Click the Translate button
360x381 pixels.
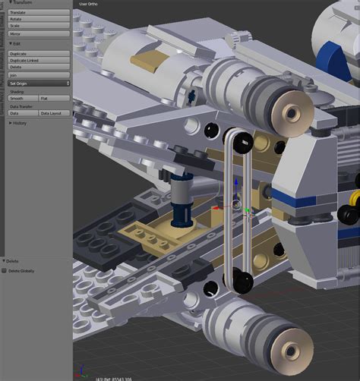tap(38, 13)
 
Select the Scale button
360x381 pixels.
tap(38, 27)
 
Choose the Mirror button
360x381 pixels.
tap(38, 34)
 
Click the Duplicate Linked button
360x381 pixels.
tap(38, 61)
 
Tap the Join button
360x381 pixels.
tap(38, 75)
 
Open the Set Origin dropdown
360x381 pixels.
tap(38, 83)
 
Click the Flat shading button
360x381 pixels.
tap(54, 99)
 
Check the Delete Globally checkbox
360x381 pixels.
tap(5, 270)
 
